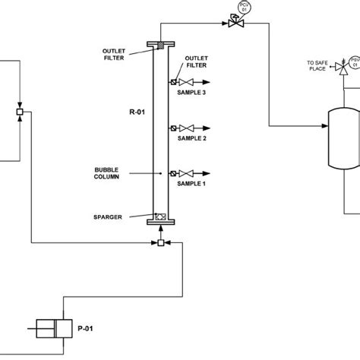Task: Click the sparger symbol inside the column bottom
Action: click(x=160, y=216)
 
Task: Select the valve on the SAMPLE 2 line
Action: click(x=183, y=128)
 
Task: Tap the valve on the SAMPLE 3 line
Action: click(x=183, y=83)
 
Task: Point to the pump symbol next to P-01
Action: click(x=51, y=329)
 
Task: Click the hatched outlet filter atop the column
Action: click(x=160, y=46)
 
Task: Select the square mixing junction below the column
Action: click(x=160, y=243)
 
